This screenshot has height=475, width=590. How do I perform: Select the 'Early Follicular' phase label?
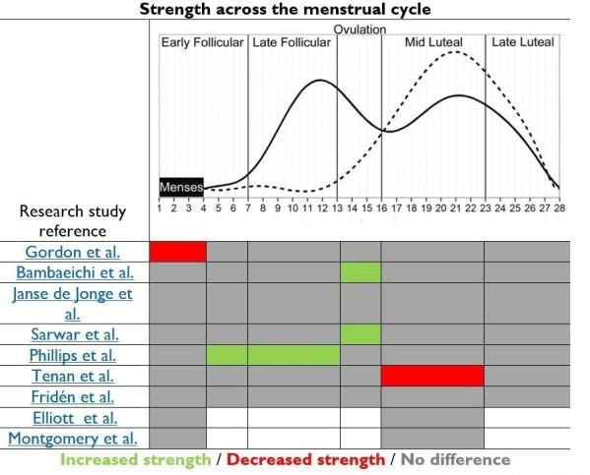point(202,42)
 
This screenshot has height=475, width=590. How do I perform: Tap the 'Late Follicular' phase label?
point(292,42)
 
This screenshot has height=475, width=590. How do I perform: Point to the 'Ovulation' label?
point(360,30)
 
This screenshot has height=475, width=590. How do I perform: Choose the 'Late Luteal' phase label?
point(523,42)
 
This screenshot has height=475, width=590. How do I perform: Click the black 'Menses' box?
point(181,187)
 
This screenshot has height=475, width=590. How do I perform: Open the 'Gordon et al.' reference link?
point(73,252)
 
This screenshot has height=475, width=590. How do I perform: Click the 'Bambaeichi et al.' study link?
point(74,271)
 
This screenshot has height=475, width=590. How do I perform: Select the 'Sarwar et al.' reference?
point(74,333)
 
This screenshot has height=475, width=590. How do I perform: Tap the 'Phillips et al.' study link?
point(74,354)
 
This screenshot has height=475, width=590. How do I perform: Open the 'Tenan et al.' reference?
point(74,375)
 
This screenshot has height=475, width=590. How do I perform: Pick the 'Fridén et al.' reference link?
point(74,396)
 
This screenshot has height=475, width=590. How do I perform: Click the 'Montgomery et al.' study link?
point(74,438)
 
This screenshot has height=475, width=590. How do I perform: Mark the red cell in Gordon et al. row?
point(177,251)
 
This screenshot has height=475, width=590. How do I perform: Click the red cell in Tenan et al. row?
point(432,375)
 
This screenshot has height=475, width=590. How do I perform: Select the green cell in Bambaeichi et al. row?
point(361,271)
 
